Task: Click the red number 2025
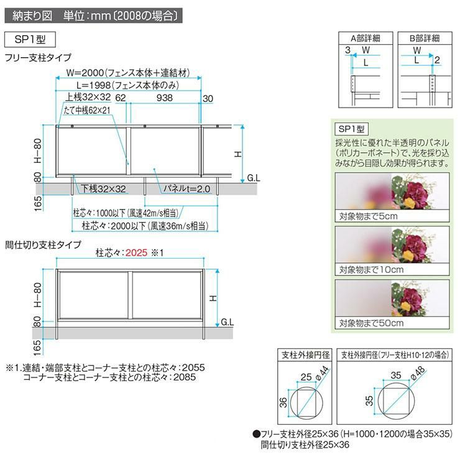pos(138,254)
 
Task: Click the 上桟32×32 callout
pos(88,98)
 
